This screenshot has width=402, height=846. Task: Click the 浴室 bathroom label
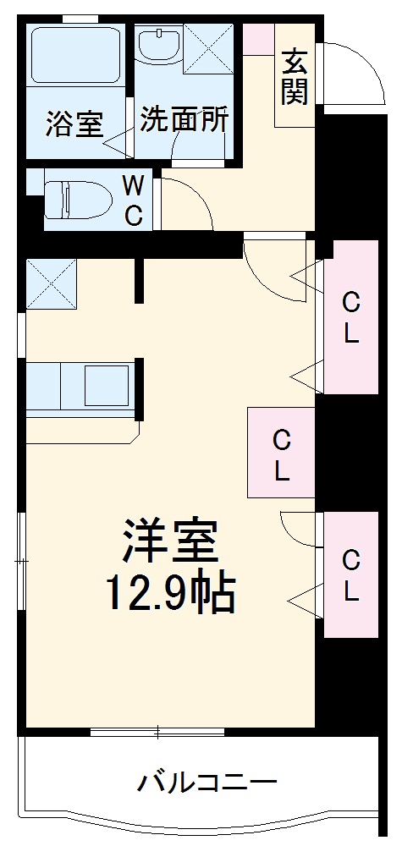pos(74,125)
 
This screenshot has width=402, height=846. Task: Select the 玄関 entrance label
pos(295,78)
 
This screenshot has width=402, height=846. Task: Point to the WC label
pos(134,201)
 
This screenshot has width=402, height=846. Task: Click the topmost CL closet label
pos(350,317)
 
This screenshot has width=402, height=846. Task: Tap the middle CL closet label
pos(281,454)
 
